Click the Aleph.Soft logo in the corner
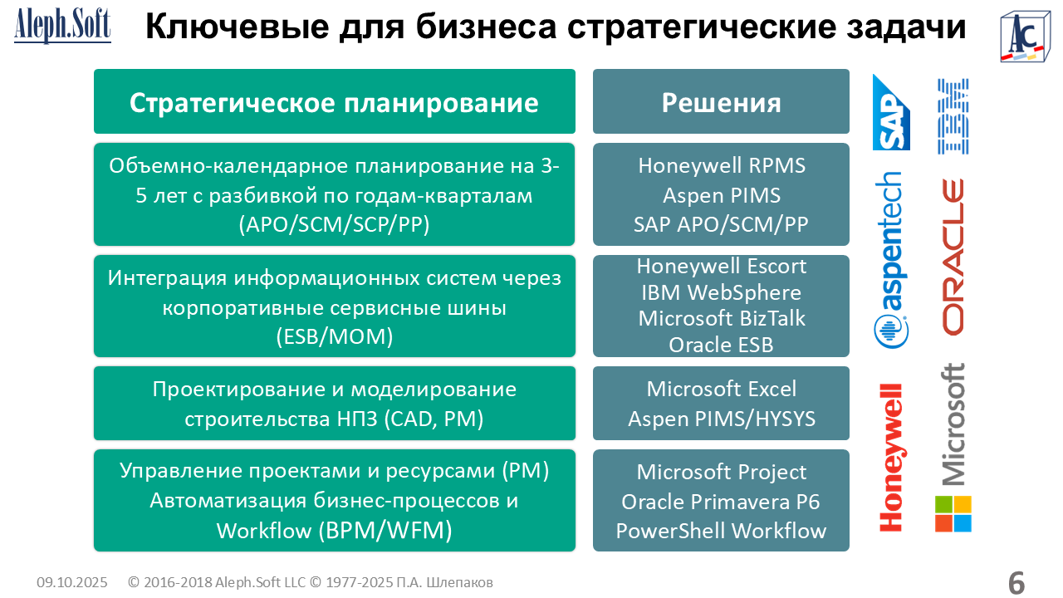point(62,26)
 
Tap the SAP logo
point(891,112)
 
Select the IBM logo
point(953,116)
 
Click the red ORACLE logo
point(953,257)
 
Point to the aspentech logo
point(890,260)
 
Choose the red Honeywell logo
point(891,458)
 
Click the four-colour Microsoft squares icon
point(953,514)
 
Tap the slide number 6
point(1016,582)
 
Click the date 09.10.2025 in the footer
point(72,582)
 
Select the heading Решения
point(721,102)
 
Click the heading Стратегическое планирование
point(334,103)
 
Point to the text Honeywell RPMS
point(722,165)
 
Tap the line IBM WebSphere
point(722,292)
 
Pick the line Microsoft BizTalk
point(722,318)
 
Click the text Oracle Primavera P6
point(721,502)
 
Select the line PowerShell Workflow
point(721,531)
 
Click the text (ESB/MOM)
point(335,336)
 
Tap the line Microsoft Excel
point(722,390)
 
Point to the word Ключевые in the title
point(237,27)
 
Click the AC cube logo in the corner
point(1025,37)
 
